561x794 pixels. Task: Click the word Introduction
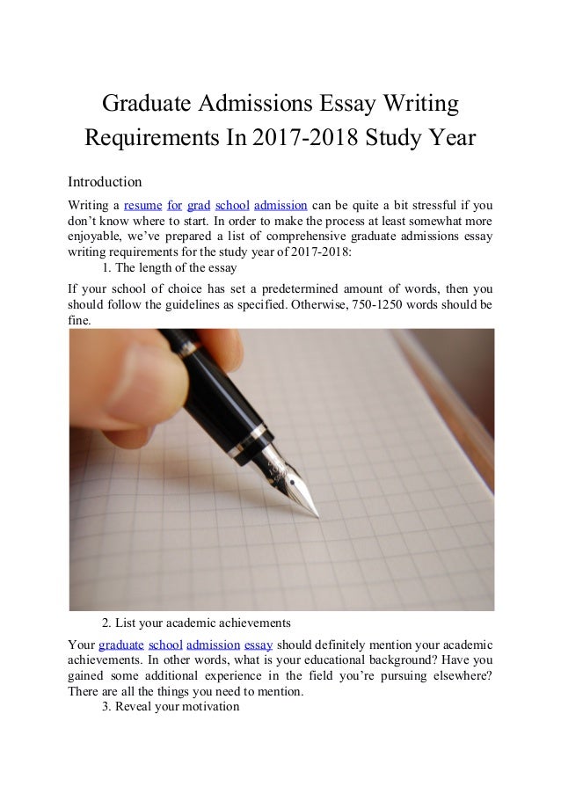105,182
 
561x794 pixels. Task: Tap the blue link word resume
142,206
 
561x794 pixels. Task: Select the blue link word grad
199,206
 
